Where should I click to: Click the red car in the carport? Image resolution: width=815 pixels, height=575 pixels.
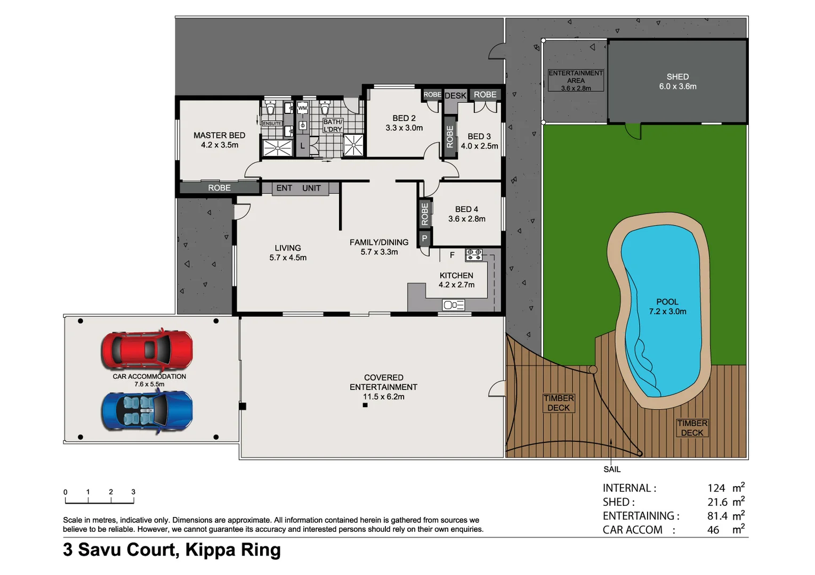tap(147, 350)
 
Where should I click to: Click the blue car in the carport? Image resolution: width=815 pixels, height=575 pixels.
tap(147, 410)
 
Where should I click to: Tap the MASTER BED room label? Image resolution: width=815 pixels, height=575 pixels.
tap(219, 140)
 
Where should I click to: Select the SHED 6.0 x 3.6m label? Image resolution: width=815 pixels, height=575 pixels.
tap(677, 81)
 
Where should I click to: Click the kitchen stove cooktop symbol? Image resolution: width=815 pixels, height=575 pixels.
tap(474, 254)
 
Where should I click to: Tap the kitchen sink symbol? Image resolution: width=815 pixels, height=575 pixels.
tap(454, 305)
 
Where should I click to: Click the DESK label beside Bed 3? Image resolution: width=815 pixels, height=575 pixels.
tap(455, 96)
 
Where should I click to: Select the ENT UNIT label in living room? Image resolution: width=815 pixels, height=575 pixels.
tap(298, 188)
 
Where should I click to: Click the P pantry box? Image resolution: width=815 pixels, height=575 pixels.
tap(424, 238)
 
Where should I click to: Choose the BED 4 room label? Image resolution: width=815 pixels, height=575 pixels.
tap(466, 214)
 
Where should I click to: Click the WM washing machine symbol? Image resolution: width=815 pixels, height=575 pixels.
tap(302, 108)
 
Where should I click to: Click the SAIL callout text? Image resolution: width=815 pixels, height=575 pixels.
tap(612, 469)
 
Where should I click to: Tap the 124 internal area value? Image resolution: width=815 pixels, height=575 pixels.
tap(716, 488)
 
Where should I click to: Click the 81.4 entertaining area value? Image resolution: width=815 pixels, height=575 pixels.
tap(717, 516)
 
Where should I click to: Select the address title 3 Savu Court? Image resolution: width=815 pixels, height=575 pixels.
tap(172, 549)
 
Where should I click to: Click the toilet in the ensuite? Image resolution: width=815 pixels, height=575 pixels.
tap(270, 109)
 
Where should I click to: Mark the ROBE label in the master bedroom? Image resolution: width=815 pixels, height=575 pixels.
tap(219, 188)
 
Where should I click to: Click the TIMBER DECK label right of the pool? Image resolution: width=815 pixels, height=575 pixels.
tap(692, 428)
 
